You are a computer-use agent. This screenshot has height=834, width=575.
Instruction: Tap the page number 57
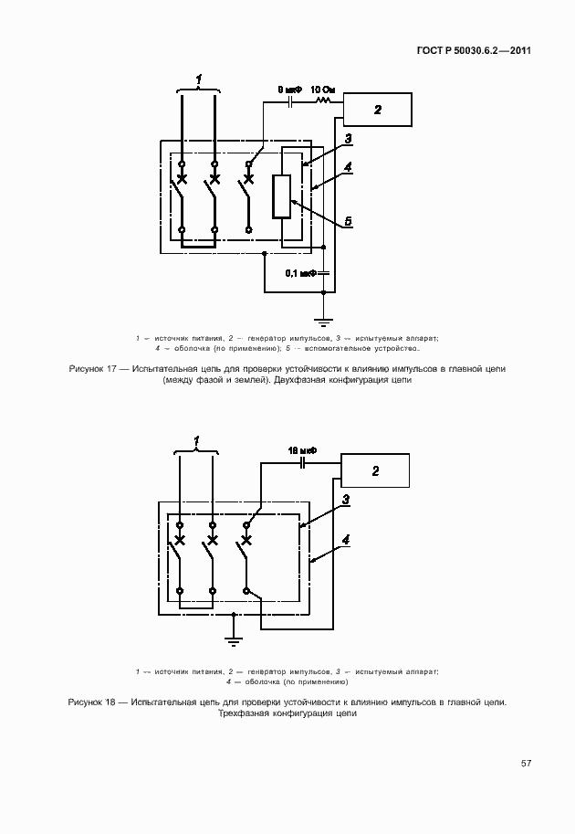pyautogui.click(x=527, y=763)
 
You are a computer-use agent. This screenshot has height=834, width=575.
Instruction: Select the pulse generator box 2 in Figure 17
pyautogui.click(x=377, y=111)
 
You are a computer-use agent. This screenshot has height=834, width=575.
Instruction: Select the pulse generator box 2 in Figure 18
pyautogui.click(x=374, y=470)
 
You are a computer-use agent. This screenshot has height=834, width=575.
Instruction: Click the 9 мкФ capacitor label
pyautogui.click(x=289, y=90)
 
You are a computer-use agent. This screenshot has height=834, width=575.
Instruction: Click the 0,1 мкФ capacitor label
pyautogui.click(x=299, y=273)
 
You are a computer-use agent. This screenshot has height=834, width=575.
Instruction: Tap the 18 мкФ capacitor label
pyautogui.click(x=301, y=451)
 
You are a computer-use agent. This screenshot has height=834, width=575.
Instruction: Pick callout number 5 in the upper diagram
pyautogui.click(x=350, y=222)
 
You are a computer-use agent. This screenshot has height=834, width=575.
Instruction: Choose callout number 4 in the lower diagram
pyautogui.click(x=346, y=539)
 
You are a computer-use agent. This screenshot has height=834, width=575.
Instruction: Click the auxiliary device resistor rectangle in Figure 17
pyautogui.click(x=282, y=195)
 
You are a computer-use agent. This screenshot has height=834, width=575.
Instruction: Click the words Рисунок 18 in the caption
pyautogui.click(x=93, y=702)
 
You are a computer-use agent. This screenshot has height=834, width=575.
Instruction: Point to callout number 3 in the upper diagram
pyautogui.click(x=348, y=139)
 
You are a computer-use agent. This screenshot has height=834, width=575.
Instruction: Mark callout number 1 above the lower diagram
pyautogui.click(x=197, y=439)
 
